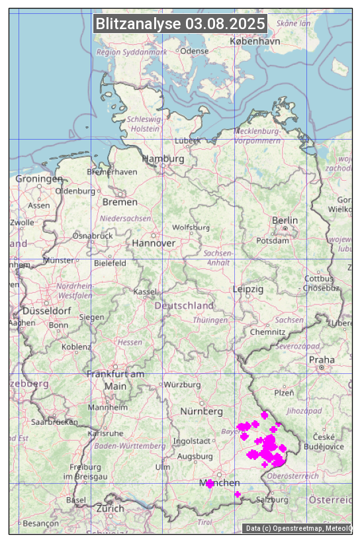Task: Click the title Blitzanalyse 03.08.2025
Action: tap(180, 24)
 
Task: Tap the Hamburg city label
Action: tap(163, 159)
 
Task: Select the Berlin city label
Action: tap(285, 220)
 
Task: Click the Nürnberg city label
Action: tap(202, 412)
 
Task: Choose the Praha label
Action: tap(322, 360)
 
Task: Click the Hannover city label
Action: tap(154, 243)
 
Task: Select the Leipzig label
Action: tap(248, 289)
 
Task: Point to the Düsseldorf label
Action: tap(46, 310)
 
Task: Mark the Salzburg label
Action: tap(272, 500)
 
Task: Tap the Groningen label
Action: tap(39, 179)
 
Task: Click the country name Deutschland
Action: tap(184, 306)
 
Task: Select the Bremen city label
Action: tap(120, 202)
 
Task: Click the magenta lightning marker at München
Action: tap(210, 484)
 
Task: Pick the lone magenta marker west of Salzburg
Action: tap(238, 494)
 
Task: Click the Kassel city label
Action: tap(144, 292)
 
